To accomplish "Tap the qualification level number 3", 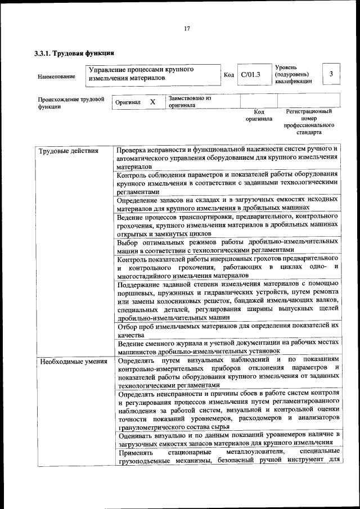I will click(x=331, y=74).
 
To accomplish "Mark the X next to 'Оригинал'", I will click(x=152, y=102).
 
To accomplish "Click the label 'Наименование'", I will click(x=56, y=76).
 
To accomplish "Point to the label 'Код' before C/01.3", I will click(x=229, y=74).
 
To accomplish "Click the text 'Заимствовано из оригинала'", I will click(x=190, y=101).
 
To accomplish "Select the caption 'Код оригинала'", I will click(x=259, y=115).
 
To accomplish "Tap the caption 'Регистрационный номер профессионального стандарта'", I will click(x=309, y=122).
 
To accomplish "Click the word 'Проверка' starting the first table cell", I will click(x=132, y=151).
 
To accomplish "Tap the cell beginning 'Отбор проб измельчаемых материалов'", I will click(x=228, y=330).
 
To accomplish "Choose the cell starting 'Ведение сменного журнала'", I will click(x=228, y=346).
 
